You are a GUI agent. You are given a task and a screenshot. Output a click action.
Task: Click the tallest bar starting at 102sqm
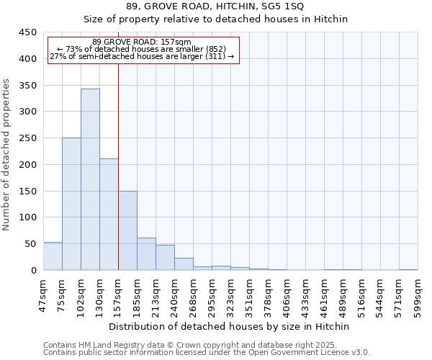90,180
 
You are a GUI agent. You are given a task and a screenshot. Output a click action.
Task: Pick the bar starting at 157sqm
127,230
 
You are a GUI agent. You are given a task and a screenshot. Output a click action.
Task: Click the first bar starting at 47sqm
53,256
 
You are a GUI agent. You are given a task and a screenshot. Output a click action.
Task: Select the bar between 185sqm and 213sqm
146,254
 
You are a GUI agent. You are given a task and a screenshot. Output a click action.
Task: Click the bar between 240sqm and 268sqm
184,264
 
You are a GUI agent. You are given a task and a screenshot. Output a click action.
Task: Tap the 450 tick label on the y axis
28,32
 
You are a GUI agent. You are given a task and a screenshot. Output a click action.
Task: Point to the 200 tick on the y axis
28,164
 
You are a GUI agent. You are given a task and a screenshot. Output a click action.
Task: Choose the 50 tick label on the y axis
31,244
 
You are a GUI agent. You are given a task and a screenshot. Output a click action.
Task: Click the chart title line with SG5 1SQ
215,6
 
